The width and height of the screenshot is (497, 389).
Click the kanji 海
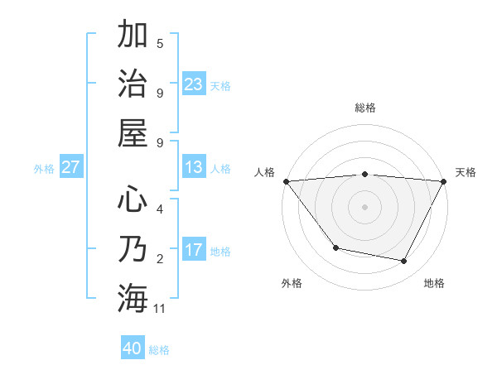click(x=133, y=298)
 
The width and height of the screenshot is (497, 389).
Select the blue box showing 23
click(x=194, y=84)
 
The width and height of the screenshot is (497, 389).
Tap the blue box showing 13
click(x=194, y=168)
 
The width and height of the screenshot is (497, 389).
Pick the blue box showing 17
click(x=194, y=251)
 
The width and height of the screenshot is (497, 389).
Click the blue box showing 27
click(x=71, y=168)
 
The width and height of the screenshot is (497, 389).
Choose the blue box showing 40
click(x=133, y=349)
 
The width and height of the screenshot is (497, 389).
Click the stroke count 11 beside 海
click(x=161, y=309)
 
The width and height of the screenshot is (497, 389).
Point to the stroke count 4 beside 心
click(x=160, y=209)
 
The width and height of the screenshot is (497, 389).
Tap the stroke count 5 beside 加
click(x=160, y=44)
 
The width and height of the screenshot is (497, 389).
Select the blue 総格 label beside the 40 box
click(x=159, y=350)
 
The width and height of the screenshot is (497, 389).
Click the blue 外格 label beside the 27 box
click(x=44, y=169)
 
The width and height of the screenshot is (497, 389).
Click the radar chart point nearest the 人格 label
click(x=286, y=181)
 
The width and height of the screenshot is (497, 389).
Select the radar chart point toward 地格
click(x=404, y=262)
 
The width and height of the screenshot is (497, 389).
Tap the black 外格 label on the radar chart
click(x=292, y=283)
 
